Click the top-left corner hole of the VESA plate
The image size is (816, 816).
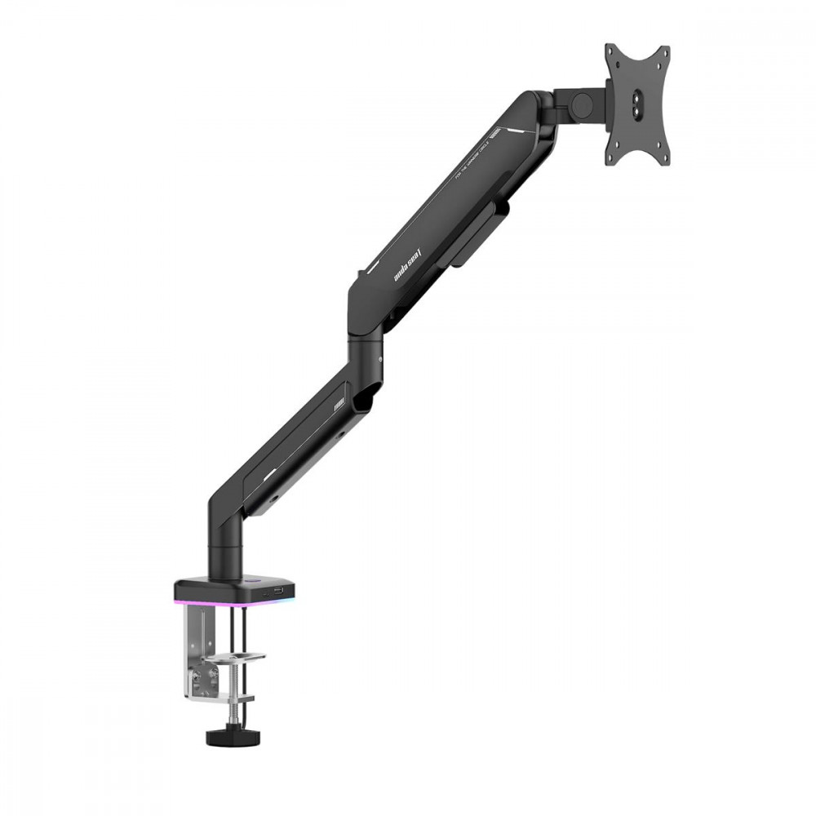[x=613, y=55]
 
